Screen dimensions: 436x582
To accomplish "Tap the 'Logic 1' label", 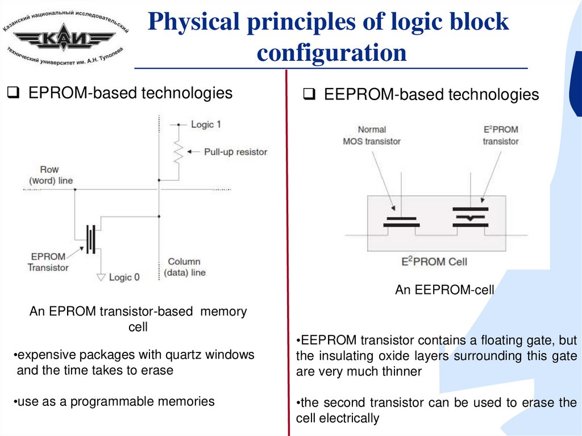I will tap(206, 124).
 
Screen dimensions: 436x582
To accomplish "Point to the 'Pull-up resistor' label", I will tap(235, 152).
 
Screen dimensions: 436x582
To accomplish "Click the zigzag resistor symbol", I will tap(178, 152).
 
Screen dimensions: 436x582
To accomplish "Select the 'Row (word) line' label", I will tap(50, 175).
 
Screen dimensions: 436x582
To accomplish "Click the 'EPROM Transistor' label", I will tap(48, 261).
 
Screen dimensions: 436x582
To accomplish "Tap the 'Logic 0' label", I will tap(124, 277).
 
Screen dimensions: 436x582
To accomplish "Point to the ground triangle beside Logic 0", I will tap(101, 277).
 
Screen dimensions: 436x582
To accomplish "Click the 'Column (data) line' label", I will tap(184, 267).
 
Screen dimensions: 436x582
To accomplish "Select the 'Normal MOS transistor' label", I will tap(372, 135).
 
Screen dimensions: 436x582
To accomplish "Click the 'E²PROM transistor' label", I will tap(501, 135).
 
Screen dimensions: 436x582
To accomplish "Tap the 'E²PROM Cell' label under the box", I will tap(434, 262).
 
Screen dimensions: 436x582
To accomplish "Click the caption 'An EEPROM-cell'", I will tap(444, 290).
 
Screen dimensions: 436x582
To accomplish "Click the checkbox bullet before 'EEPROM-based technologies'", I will tap(310, 94).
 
